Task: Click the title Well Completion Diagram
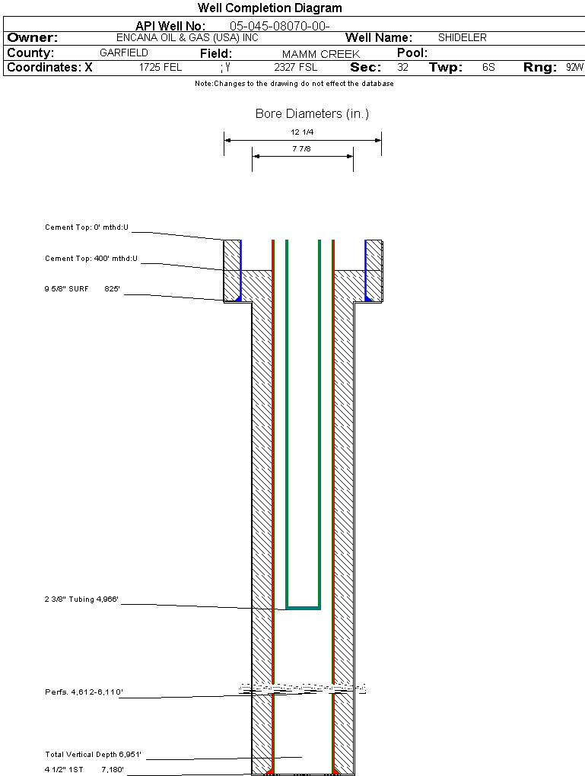pos(269,8)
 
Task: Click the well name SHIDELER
pos(462,37)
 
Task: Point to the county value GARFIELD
pos(124,53)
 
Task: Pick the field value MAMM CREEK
pos(310,54)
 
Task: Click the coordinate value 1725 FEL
pos(161,68)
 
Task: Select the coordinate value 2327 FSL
pos(296,68)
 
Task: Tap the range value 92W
pos(574,68)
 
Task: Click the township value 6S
pos(488,68)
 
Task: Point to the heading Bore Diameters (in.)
pos(312,114)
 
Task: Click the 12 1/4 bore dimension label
pos(302,132)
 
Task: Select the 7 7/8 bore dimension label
pos(301,148)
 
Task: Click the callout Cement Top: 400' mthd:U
pos(91,259)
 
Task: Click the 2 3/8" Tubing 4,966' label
pos(81,600)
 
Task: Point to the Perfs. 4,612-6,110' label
pos(84,692)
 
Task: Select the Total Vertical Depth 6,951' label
pos(93,755)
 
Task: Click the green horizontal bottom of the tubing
pos(303,607)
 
